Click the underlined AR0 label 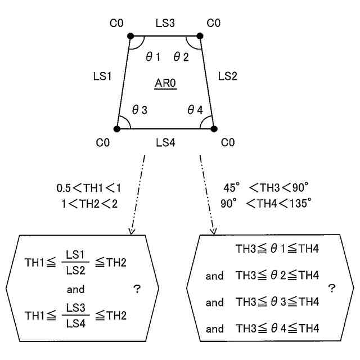click(x=165, y=84)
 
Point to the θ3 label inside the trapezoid click(x=139, y=111)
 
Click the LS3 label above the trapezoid click(x=165, y=23)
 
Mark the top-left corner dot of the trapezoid click(x=130, y=37)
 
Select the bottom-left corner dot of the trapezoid click(x=117, y=129)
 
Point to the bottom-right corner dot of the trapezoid click(x=214, y=129)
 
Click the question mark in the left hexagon click(x=137, y=289)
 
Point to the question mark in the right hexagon click(x=331, y=289)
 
